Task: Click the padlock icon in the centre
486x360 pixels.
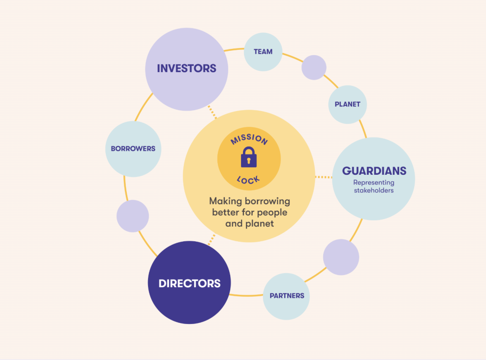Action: [x=249, y=157]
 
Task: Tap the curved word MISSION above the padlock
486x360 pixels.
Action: [x=249, y=139]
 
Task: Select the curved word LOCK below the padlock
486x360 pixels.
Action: [x=248, y=180]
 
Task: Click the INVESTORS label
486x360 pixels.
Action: [x=187, y=68]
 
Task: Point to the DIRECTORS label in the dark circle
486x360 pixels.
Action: [x=189, y=284]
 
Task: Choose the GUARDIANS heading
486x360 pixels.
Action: [x=374, y=171]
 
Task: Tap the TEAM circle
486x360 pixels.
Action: [x=263, y=52]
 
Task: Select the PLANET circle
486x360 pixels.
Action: [x=347, y=104]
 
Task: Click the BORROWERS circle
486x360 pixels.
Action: [x=133, y=149]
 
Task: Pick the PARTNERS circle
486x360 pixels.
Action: [x=286, y=296]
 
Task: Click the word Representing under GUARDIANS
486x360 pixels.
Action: [x=374, y=183]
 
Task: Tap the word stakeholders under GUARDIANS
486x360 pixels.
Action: [x=374, y=190]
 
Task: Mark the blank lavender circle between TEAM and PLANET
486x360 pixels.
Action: [x=314, y=67]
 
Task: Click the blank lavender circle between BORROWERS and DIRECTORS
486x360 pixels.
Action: [x=133, y=216]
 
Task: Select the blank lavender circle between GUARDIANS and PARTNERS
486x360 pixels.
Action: [x=341, y=257]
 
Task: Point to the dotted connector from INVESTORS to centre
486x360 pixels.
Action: [x=212, y=112]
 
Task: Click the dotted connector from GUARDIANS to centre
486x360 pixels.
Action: [x=324, y=177]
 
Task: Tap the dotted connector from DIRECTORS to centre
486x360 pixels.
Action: [x=212, y=239]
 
